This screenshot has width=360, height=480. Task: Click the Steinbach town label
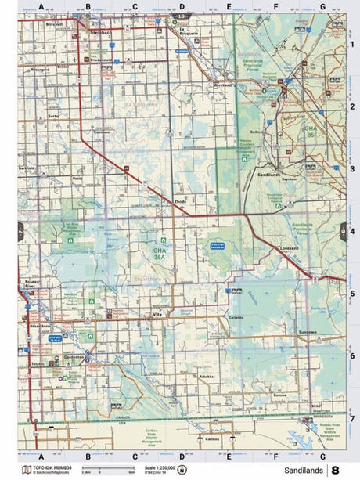click(102, 33)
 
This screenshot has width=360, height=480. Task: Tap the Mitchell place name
click(54, 25)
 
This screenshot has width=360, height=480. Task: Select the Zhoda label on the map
click(181, 201)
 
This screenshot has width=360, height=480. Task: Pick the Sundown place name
click(307, 331)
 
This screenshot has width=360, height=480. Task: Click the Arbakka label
click(207, 377)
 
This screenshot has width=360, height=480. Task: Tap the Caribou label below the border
click(211, 439)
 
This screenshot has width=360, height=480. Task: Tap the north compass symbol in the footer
click(183, 470)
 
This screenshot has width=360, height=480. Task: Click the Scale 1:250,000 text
click(159, 467)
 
